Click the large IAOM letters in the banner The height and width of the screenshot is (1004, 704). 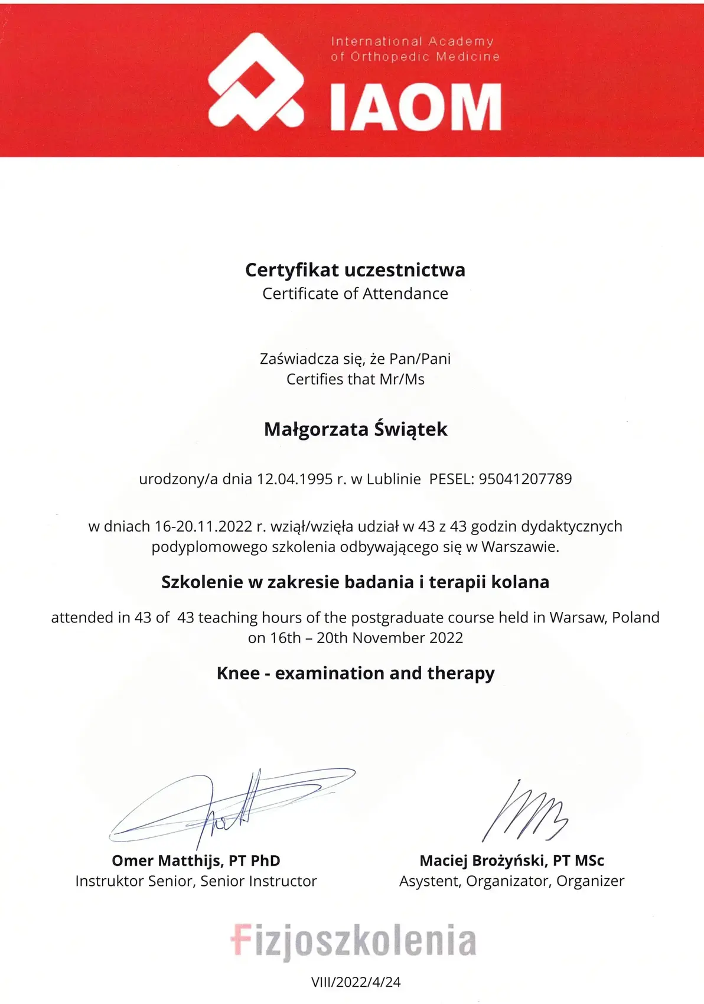(415, 107)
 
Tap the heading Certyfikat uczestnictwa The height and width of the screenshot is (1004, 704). (355, 270)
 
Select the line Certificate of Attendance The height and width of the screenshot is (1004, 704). (355, 294)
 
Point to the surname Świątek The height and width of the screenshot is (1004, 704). (411, 429)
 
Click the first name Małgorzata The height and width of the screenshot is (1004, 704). (316, 429)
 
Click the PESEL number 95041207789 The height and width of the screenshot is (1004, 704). (525, 479)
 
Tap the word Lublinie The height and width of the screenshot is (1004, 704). (393, 479)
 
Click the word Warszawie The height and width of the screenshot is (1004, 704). (520, 547)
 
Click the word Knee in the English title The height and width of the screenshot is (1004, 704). (238, 673)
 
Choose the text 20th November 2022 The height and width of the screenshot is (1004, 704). (390, 638)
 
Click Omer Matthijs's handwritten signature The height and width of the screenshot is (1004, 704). (230, 806)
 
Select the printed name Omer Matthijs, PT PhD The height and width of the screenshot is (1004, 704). (196, 860)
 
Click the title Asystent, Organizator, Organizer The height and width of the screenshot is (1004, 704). (511, 881)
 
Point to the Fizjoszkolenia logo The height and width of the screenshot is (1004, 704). (353, 940)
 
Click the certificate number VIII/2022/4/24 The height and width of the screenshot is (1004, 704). (356, 982)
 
